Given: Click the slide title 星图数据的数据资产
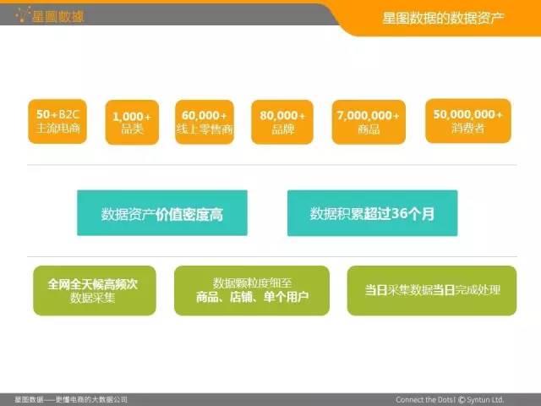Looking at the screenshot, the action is coord(443,18).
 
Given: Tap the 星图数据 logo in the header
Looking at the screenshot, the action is coord(51,16).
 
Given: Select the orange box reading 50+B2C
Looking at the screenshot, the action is coord(57,121).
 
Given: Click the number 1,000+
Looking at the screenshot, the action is coord(132,117).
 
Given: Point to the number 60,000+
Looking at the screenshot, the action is coord(205,115).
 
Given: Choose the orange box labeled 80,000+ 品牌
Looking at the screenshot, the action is coord(282,122).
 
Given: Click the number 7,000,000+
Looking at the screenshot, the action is coord(369,115).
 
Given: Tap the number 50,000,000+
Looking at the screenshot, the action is coord(467,114).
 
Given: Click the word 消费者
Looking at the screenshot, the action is coord(467,129).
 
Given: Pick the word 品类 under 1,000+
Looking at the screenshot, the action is coord(132,129).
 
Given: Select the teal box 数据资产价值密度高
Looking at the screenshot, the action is coord(162,212).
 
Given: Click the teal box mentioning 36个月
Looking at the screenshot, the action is coord(372,213).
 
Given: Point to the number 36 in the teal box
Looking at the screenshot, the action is coord(400,213).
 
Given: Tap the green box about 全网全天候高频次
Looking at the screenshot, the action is coord(95,290).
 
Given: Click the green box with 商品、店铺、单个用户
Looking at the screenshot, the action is coord(252,290).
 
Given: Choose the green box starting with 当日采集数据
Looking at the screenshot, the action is coord(432,290).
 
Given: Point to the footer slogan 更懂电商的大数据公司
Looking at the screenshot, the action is coord(91,400).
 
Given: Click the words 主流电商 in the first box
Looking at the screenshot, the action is coord(58,128).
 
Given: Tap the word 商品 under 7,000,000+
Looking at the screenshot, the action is coord(369,129).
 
